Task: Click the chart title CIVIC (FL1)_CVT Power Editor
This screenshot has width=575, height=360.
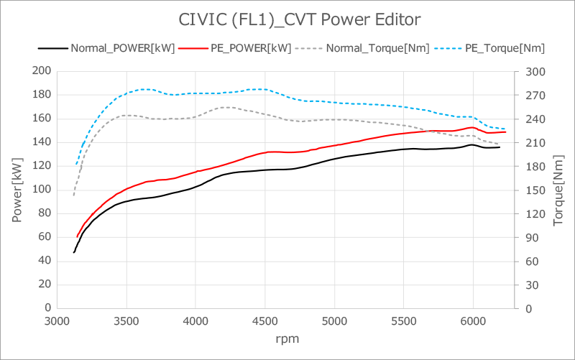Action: pos(299,19)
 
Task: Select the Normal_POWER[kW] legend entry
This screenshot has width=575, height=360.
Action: pos(106,48)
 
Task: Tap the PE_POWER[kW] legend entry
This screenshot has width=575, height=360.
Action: pos(235,48)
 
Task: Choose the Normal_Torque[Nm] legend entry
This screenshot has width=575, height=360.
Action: pos(362,48)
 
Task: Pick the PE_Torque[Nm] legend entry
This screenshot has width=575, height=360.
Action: pos(489,48)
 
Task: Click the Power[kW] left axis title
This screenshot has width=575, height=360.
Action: pos(17,190)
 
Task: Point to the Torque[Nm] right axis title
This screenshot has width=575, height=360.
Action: pos(558,190)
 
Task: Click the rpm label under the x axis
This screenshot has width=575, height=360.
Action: pos(287,338)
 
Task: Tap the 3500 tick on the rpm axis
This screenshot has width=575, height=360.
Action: pos(126,321)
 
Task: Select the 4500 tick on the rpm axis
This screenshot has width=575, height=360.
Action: pos(264,321)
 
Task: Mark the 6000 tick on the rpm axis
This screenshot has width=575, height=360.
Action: pos(473,321)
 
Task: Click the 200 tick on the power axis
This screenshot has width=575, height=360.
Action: pos(42,70)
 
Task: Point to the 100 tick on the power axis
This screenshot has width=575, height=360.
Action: pos(42,189)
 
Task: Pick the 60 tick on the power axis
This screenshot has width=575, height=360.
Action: pos(45,237)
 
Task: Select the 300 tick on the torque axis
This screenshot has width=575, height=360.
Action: pos(535,72)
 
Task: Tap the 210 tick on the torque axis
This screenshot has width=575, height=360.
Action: pos(535,143)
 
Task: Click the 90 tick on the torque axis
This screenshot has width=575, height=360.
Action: pos(533,238)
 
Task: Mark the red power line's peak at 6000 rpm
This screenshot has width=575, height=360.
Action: pos(472,128)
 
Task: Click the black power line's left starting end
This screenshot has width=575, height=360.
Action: pos(74,252)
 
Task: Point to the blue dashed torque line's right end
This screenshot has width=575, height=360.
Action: pos(505,129)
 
